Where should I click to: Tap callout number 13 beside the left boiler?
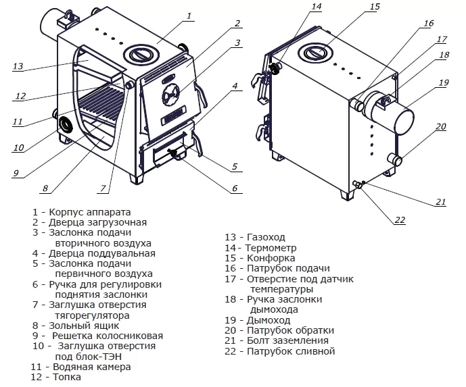click(x=18, y=66)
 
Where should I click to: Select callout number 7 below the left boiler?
click(x=103, y=188)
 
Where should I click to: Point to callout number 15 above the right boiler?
click(x=375, y=7)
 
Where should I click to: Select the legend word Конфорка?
click(x=272, y=258)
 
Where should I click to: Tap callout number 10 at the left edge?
click(x=18, y=147)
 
